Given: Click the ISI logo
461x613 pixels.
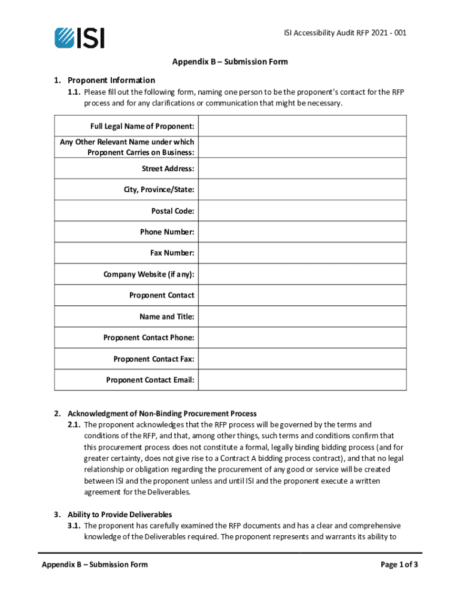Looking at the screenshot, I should click(79, 38).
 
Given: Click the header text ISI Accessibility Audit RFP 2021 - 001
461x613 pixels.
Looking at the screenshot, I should click(345, 33).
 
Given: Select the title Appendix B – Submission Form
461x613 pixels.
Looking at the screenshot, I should click(230, 62).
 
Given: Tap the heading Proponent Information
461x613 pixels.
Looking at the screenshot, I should click(111, 80).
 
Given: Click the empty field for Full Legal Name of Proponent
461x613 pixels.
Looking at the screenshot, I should click(302, 126).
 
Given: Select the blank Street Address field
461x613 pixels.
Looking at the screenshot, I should click(302, 169).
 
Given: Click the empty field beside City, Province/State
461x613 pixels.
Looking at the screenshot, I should click(302, 190).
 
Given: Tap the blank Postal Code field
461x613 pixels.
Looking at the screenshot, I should click(302, 211).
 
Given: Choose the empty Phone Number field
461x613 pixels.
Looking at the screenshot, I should click(302, 232).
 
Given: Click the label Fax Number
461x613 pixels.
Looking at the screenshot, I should click(172, 253).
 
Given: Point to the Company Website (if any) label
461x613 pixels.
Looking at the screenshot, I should click(148, 274).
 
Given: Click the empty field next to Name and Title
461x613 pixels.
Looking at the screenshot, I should click(302, 317).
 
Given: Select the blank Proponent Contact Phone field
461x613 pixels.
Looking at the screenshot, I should click(302, 338).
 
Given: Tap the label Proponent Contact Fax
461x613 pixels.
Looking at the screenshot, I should click(153, 359).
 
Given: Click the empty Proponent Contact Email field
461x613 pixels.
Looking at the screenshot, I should click(302, 380).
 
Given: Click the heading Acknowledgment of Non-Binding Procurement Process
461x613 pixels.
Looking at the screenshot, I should click(162, 414).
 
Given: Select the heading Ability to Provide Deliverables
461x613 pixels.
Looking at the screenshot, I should click(120, 515).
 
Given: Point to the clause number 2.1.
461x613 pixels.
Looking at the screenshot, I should click(74, 424).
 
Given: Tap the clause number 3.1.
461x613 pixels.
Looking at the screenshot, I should click(74, 526).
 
